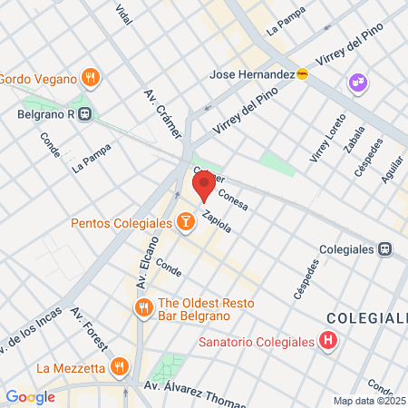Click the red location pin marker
204,184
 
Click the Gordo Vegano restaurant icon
89,78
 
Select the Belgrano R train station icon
84,115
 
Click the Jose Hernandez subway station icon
302,73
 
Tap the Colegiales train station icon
384,248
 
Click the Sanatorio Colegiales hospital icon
328,342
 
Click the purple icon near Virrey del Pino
357,83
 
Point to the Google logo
30,397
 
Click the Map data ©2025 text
369,401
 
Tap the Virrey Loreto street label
327,139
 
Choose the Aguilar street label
393,168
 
